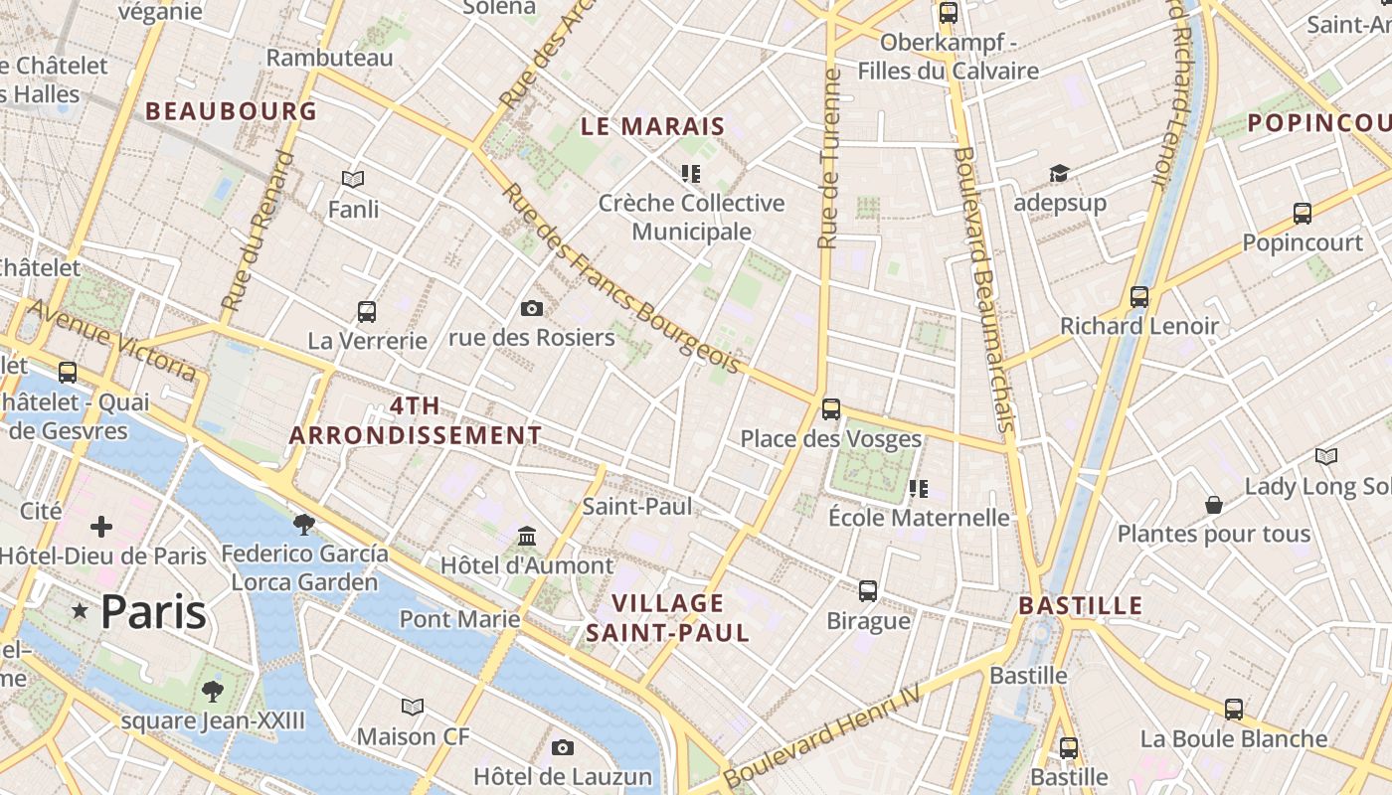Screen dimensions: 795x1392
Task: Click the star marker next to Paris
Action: coord(80,611)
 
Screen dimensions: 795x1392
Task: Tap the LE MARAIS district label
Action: coord(653,126)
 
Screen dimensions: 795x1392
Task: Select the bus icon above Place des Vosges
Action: coord(831,408)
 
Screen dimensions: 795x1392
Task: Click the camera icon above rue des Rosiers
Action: coord(532,308)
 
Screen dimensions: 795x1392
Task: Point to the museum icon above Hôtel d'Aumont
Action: coord(527,537)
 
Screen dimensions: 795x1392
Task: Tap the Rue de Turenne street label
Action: coord(829,159)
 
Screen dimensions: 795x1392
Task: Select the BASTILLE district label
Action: coord(1081,605)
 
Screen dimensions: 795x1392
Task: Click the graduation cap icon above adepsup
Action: coord(1059,174)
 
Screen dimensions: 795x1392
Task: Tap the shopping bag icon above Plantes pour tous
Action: coord(1214,505)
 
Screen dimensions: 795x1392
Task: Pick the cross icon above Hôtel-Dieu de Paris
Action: coord(101,526)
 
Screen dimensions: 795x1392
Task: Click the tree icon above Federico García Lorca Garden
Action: coord(304,524)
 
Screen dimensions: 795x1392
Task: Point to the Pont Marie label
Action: coord(459,619)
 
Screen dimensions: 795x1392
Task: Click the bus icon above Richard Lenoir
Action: coord(1139,296)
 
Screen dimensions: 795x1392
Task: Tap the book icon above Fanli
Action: coord(353,180)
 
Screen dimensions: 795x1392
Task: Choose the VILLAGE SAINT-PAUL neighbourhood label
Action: coord(667,617)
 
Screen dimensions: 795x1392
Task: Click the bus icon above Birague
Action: coord(868,591)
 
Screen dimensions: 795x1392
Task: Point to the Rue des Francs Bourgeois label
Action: coord(622,280)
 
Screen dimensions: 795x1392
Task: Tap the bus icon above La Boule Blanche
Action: coord(1234,709)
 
